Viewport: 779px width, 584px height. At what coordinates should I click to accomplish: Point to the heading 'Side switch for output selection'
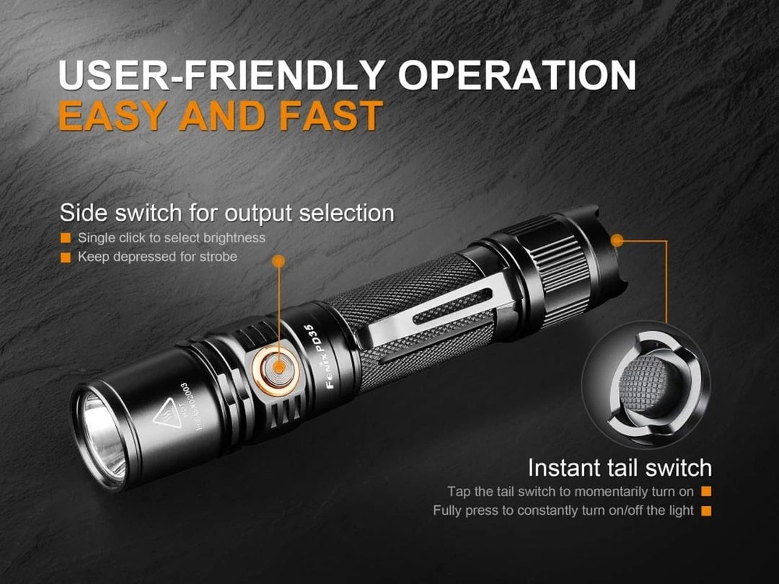pyautogui.click(x=226, y=213)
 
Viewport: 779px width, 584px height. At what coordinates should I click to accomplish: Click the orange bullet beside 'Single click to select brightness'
pyautogui.click(x=66, y=238)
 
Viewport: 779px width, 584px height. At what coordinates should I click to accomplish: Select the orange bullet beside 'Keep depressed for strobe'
pyautogui.click(x=66, y=257)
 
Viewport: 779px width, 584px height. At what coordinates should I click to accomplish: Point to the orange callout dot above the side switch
pyautogui.click(x=278, y=260)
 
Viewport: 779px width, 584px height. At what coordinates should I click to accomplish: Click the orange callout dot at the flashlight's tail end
pyautogui.click(x=618, y=239)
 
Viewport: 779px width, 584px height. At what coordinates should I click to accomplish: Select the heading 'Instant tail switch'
pyautogui.click(x=620, y=468)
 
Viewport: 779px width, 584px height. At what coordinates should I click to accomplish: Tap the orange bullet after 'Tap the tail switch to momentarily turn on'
pyautogui.click(x=706, y=492)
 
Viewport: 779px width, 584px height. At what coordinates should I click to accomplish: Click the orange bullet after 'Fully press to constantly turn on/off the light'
pyautogui.click(x=706, y=510)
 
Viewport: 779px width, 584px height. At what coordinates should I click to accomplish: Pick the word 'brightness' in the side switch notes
pyautogui.click(x=232, y=238)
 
